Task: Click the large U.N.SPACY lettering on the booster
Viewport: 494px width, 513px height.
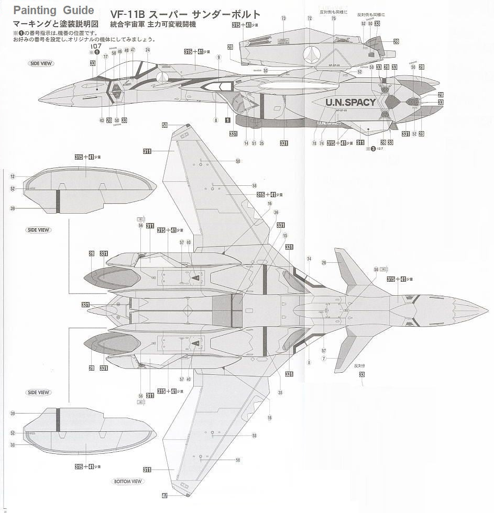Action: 350,102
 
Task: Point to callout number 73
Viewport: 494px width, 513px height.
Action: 283,18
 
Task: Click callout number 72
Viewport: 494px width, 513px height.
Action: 310,18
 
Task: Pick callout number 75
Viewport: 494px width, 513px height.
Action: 334,18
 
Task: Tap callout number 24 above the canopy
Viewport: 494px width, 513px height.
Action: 148,50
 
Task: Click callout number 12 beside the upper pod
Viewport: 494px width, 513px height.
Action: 12,176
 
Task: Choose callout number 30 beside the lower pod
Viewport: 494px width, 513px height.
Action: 12,445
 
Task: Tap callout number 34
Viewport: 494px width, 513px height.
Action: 309,259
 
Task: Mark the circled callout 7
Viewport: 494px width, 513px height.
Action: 324,359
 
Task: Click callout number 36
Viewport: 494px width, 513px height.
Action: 276,212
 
